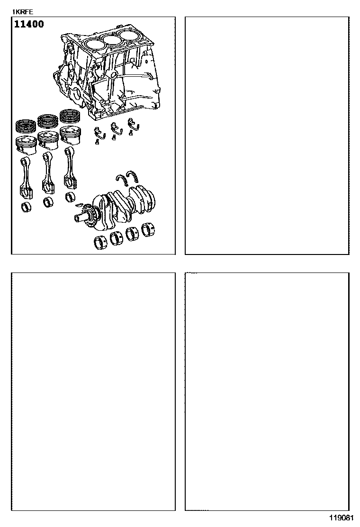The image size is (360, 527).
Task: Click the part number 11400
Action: click(29, 24)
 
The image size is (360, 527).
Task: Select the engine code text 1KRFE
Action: click(23, 12)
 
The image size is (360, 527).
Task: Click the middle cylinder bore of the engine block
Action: click(112, 39)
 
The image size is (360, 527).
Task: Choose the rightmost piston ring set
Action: click(70, 116)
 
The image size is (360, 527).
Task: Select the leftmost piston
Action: click(26, 145)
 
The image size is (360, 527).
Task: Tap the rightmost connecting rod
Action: click(70, 168)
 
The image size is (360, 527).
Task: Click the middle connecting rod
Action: click(48, 173)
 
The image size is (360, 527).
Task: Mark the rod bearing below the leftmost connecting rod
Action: click(26, 207)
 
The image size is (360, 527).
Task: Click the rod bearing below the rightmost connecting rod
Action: click(70, 197)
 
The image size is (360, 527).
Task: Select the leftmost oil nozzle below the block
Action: click(99, 132)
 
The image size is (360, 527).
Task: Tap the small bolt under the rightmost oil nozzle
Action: click(131, 134)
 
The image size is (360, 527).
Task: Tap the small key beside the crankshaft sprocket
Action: click(79, 204)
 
